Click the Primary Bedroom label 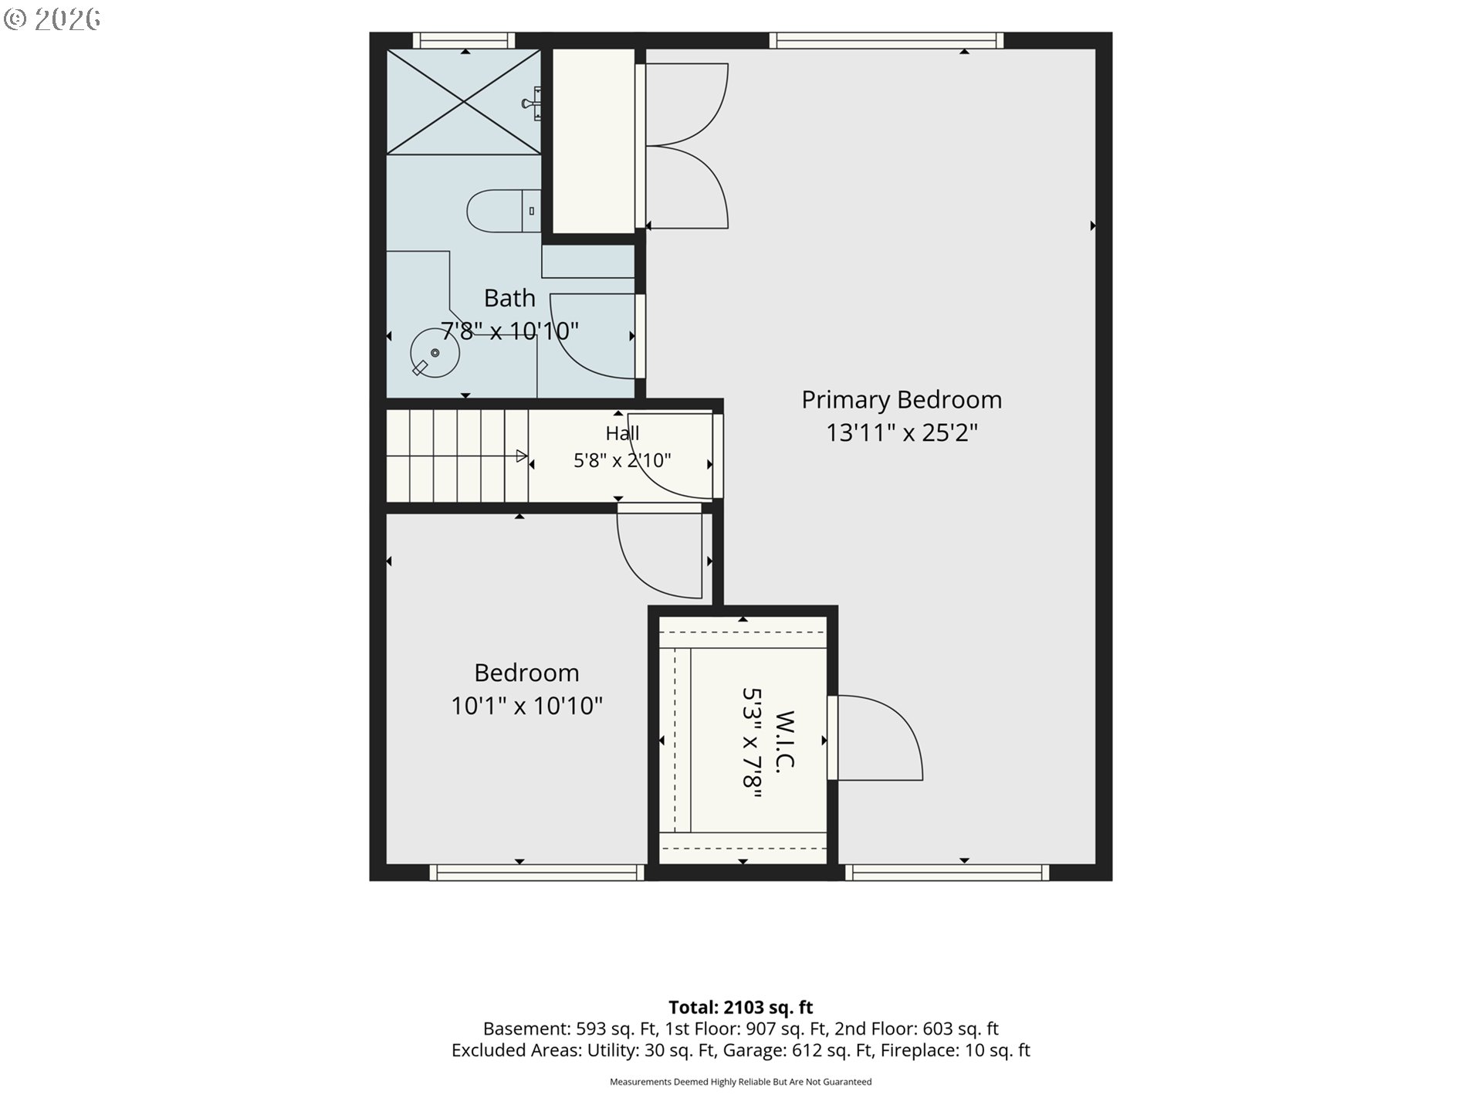coord(902,399)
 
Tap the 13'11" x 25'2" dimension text coord(902,432)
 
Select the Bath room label coord(509,297)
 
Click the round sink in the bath coord(434,353)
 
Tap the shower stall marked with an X coord(463,101)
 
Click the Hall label coord(622,432)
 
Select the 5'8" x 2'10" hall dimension coord(622,460)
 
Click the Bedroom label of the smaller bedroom coord(526,673)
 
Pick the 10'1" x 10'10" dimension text coord(526,706)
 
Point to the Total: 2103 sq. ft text coord(741,1007)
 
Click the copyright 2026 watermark coord(52,19)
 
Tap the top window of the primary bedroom coord(886,40)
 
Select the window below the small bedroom coord(536,873)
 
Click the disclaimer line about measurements coord(741,1082)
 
